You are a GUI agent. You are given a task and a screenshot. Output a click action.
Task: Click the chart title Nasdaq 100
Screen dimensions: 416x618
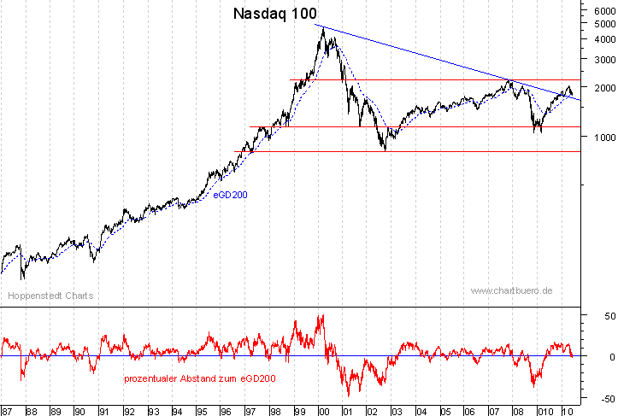[274, 15]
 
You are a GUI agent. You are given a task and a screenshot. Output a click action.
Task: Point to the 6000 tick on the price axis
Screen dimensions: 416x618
[601, 9]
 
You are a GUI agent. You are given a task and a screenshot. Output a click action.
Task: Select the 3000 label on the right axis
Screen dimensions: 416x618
[601, 60]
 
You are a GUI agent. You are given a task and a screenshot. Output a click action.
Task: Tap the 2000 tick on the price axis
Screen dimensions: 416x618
[601, 88]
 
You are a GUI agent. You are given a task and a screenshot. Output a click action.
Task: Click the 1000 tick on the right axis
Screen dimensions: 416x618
[601, 137]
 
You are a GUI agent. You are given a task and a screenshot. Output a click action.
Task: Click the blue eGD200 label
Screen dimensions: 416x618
[230, 195]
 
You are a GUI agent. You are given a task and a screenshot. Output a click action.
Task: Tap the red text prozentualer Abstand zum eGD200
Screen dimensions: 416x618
[200, 378]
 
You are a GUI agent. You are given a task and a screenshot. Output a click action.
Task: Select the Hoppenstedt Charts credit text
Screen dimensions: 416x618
[50, 296]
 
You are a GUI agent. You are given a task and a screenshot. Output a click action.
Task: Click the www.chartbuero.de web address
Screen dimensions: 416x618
[511, 290]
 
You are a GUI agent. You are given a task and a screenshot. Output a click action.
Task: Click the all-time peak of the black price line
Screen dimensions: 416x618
[322, 28]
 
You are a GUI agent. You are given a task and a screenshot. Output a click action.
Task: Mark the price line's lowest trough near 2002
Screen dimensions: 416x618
[386, 150]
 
